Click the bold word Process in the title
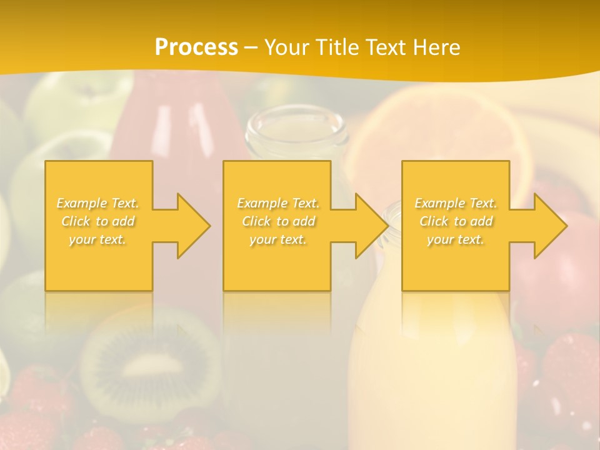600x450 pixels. pyautogui.click(x=196, y=47)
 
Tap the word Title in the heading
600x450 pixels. pyautogui.click(x=338, y=47)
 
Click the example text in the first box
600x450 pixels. pyautogui.click(x=98, y=221)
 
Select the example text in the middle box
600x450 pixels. pyautogui.click(x=278, y=221)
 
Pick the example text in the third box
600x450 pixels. pyautogui.click(x=456, y=221)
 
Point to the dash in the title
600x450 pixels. pyautogui.click(x=251, y=47)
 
